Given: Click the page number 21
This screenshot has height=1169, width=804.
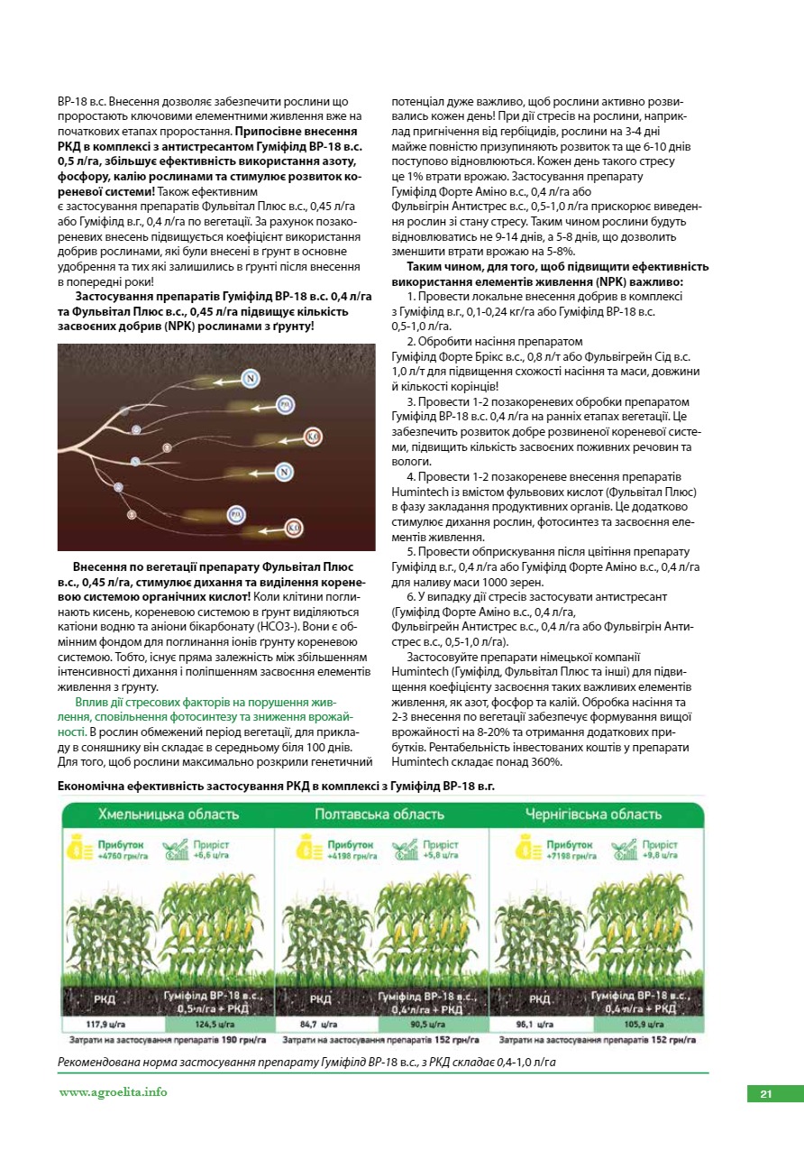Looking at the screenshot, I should click(765, 1094).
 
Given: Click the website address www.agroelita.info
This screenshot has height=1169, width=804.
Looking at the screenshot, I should click(114, 1091).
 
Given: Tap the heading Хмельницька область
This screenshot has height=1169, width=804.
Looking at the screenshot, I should click(169, 815).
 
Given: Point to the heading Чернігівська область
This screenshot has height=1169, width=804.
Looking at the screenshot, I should click(593, 815).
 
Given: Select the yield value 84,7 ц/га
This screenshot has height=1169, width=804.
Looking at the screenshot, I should click(318, 1025).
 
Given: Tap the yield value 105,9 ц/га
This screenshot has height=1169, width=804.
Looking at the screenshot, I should click(644, 1025).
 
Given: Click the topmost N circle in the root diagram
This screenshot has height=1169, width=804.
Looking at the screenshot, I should click(250, 378).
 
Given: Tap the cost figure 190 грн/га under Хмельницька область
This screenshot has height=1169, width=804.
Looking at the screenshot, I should click(243, 1040).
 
